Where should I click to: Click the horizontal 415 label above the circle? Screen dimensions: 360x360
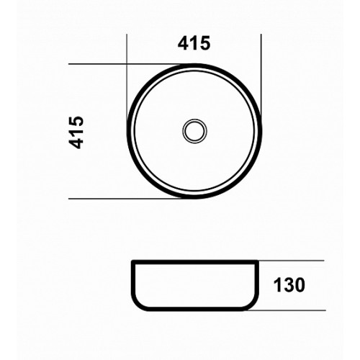(194, 43)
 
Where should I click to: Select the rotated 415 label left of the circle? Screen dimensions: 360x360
(76, 132)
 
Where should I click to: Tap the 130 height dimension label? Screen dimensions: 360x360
(289, 285)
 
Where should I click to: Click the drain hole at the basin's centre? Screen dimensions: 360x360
(194, 131)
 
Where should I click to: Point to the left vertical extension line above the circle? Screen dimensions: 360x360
(127, 79)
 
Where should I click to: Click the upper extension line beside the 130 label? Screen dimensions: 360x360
(291, 261)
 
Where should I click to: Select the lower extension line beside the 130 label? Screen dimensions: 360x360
(287, 310)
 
